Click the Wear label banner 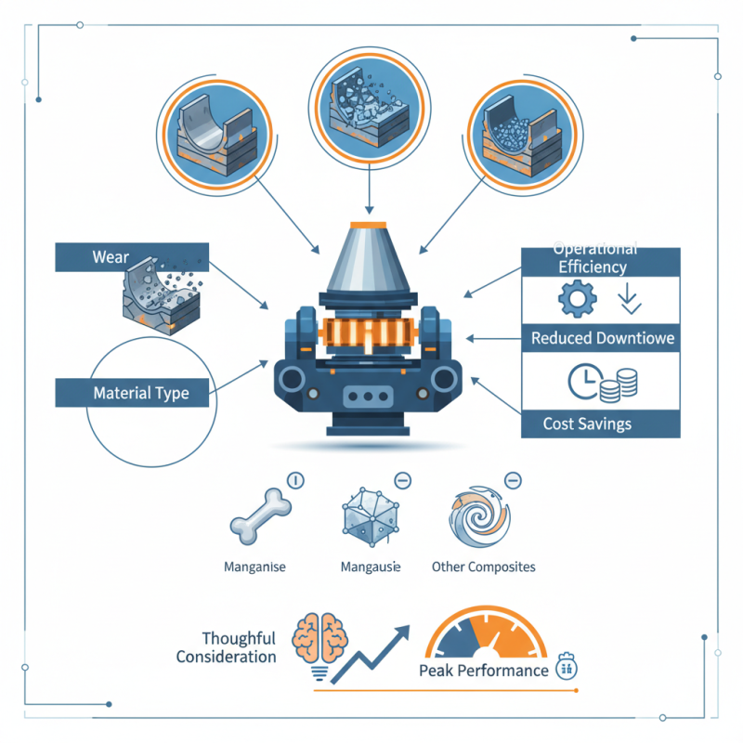pos(111,257)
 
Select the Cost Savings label pos(587,424)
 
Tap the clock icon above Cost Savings pos(580,381)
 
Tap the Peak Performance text pos(483,671)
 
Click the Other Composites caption pos(483,567)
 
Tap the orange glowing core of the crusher pos(371,334)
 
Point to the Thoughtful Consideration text pos(239,647)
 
